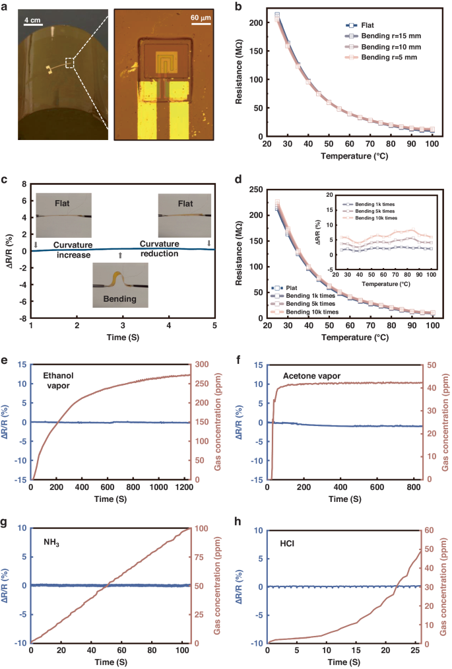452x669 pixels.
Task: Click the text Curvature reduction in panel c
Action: pos(162,250)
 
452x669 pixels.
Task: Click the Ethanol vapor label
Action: pos(61,382)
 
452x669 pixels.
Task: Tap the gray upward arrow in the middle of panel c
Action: pos(120,255)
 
